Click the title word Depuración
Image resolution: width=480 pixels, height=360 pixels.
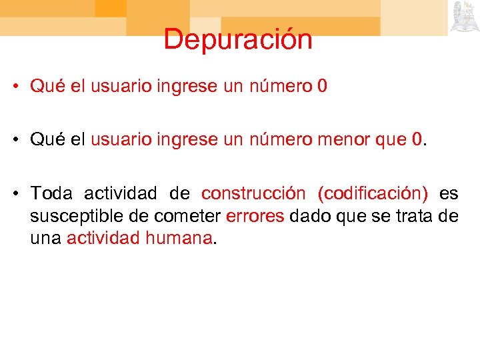point(238,39)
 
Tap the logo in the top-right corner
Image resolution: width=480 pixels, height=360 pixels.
point(464,17)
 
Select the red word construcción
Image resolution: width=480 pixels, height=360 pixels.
point(253,194)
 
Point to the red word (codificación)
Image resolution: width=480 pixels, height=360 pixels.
point(373,194)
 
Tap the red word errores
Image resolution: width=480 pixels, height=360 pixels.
point(255,216)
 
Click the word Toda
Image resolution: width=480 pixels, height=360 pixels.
point(51,194)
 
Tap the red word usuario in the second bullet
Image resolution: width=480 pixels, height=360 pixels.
point(121,140)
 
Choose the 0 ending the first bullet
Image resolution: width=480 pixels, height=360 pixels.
point(323,87)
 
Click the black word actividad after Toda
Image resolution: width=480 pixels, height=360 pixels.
point(121,194)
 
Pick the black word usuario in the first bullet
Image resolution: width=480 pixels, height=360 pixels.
point(121,87)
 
